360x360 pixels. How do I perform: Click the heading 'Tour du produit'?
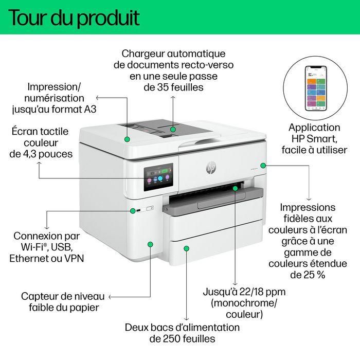(x=75, y=17)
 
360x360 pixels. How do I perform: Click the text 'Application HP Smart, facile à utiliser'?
(x=314, y=138)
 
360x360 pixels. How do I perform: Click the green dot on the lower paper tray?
(x=187, y=248)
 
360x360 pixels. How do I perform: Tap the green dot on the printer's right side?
(x=263, y=165)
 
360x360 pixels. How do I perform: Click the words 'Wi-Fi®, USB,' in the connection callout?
(x=46, y=247)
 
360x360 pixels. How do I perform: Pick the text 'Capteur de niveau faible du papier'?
(x=63, y=302)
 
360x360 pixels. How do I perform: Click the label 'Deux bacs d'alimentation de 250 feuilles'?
(x=182, y=333)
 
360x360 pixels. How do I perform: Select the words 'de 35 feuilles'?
(x=173, y=87)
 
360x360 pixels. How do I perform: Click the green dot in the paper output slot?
(x=236, y=189)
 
